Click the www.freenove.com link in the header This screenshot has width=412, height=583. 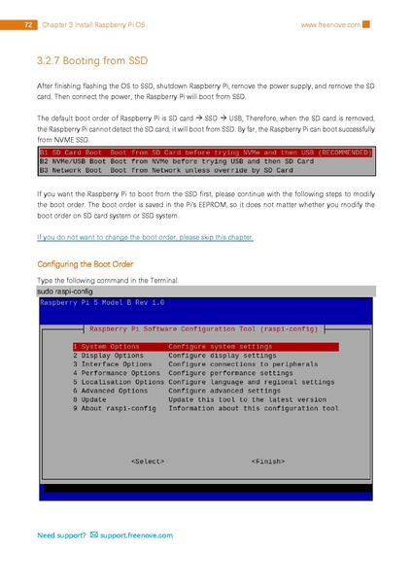coord(331,24)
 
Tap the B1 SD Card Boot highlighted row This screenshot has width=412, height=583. coord(205,153)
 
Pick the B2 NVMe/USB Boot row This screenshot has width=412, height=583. coord(176,161)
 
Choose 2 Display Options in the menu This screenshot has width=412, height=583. coord(108,356)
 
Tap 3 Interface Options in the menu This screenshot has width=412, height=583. coord(112,364)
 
